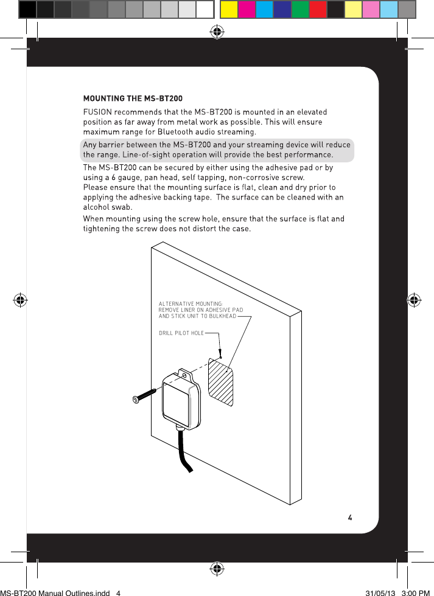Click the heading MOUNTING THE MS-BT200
132,99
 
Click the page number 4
349,518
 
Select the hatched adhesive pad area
221,381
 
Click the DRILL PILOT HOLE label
181,333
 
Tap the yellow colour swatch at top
229,10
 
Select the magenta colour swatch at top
247,10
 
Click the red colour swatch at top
318,10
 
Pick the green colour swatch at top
300,10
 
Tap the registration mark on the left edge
19,300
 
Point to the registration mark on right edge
414,300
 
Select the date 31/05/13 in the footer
379,591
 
